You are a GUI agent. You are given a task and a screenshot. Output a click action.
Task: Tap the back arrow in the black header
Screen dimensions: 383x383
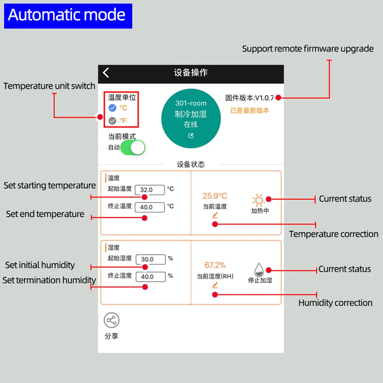point(106,73)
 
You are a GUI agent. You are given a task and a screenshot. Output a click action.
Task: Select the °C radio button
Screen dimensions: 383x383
point(112,108)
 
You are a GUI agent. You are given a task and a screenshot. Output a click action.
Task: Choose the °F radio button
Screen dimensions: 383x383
point(112,121)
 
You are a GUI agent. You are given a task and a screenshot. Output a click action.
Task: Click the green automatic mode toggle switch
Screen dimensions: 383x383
point(133,147)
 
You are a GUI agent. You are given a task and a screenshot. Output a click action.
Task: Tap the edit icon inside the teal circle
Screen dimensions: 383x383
point(191,136)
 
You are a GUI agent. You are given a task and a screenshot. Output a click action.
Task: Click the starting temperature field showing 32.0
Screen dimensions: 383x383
point(150,190)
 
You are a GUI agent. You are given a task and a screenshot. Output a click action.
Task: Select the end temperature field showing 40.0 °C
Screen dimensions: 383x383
point(150,207)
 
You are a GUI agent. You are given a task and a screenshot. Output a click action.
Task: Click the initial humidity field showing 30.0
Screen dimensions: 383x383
point(151,259)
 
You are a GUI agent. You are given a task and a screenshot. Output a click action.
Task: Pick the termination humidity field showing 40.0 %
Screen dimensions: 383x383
point(151,277)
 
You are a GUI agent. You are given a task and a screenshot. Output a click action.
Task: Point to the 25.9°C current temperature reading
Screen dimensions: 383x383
point(215,196)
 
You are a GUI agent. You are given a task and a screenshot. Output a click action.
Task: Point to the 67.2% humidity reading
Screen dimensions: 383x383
point(215,265)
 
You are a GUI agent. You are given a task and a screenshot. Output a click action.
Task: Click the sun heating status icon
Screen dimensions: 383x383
point(259,200)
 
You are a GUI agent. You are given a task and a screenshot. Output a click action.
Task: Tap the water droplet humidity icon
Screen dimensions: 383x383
point(259,270)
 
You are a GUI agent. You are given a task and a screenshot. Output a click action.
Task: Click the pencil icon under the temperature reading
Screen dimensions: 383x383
point(215,215)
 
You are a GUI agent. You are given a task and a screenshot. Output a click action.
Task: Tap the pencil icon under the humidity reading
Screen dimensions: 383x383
point(215,285)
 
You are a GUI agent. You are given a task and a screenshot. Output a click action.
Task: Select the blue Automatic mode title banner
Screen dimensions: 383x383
point(68,16)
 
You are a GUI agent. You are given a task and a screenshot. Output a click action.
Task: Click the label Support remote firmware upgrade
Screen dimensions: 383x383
point(308,49)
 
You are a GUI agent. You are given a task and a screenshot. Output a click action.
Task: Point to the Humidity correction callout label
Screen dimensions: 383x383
point(335,303)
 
